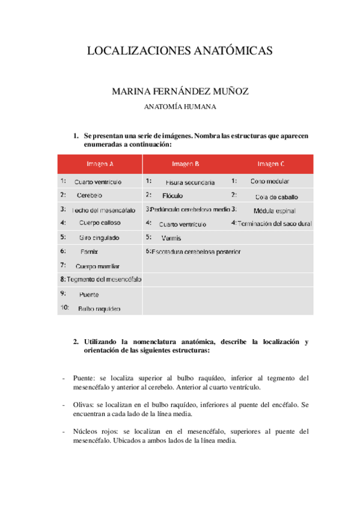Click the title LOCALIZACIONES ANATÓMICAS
[180, 51]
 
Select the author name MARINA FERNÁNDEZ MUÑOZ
[180, 91]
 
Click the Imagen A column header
[100, 164]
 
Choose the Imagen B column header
[186, 164]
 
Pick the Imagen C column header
[271, 164]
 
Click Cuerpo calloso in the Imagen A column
[99, 223]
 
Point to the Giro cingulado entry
[99, 238]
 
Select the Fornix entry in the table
[89, 251]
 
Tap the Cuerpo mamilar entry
[97, 266]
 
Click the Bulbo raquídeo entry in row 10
[99, 309]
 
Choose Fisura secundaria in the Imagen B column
[190, 182]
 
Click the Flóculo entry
[172, 195]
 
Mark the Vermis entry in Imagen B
[171, 238]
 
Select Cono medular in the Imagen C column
[270, 181]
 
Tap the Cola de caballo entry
[276, 197]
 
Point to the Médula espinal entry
[273, 210]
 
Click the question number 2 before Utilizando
[76, 342]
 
